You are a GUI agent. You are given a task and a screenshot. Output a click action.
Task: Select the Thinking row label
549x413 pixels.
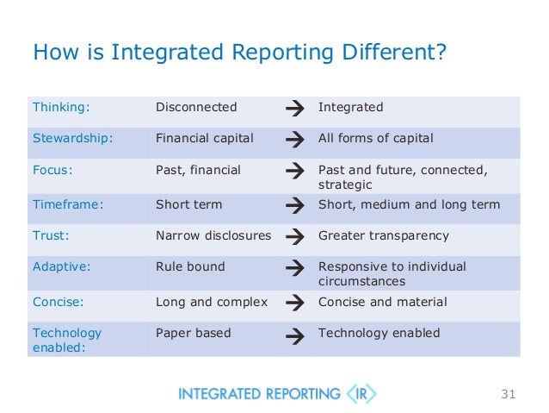pyautogui.click(x=61, y=108)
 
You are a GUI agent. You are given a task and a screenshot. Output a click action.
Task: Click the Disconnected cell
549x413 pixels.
pyautogui.click(x=196, y=108)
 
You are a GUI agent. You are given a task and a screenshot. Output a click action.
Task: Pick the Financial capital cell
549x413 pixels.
pyautogui.click(x=205, y=139)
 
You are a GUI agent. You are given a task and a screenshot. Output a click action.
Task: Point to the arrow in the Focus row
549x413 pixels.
pyautogui.click(x=293, y=171)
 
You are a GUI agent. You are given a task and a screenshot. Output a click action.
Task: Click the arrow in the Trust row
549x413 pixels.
pyautogui.click(x=293, y=236)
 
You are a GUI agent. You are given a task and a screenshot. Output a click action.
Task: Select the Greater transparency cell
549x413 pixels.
pyautogui.click(x=384, y=235)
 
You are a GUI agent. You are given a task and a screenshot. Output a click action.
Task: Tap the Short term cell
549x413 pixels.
pyautogui.click(x=188, y=205)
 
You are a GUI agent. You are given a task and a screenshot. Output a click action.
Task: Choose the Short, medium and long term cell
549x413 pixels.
pyautogui.click(x=409, y=205)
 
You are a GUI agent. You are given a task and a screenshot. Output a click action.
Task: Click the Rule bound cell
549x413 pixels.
pyautogui.click(x=190, y=267)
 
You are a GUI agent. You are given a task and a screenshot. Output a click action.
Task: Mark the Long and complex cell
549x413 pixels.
pyautogui.click(x=212, y=303)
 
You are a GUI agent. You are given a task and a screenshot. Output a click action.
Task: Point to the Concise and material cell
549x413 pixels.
pyautogui.click(x=383, y=303)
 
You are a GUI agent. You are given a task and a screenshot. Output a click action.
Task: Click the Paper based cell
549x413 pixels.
pyautogui.click(x=193, y=334)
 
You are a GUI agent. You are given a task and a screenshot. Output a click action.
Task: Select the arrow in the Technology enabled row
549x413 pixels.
pyautogui.click(x=293, y=335)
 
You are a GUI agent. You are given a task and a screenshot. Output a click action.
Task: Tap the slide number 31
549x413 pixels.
pyautogui.click(x=507, y=395)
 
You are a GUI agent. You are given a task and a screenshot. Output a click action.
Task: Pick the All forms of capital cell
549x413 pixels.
pyautogui.click(x=376, y=139)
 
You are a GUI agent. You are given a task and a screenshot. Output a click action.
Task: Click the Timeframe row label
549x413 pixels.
pyautogui.click(x=68, y=205)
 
